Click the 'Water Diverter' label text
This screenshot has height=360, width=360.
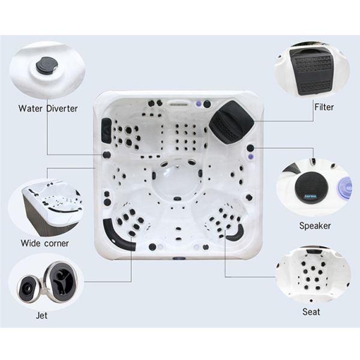pyautogui.click(x=47, y=109)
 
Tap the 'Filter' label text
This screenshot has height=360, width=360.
pyautogui.click(x=323, y=107)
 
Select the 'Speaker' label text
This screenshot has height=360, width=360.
pyautogui.click(x=314, y=226)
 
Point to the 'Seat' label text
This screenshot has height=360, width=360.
pyautogui.click(x=311, y=312)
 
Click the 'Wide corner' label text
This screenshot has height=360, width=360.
pyautogui.click(x=44, y=243)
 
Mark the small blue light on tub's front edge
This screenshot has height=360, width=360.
pyautogui.click(x=178, y=259)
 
